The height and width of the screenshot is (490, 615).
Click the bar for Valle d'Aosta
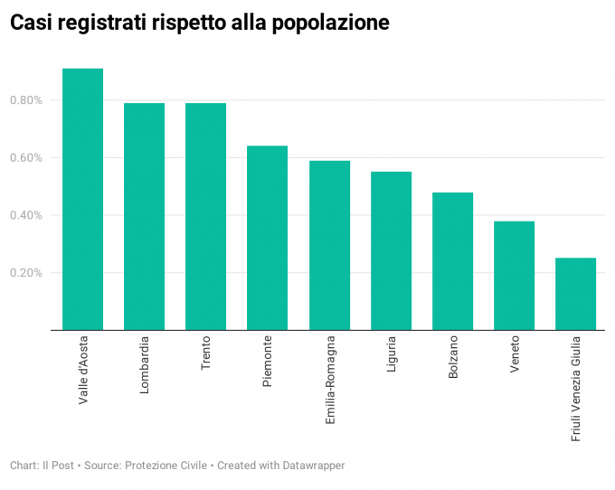(82, 199)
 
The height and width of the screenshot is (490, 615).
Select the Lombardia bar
(144, 217)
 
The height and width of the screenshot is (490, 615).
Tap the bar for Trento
(205, 217)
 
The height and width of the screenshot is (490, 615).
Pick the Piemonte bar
(267, 238)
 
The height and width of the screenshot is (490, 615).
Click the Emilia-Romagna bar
(329, 246)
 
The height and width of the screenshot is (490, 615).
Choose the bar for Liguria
(391, 251)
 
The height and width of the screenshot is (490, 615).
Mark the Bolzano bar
(452, 261)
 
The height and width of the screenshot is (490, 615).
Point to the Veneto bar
(514, 276)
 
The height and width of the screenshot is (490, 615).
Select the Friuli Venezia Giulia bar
(575, 294)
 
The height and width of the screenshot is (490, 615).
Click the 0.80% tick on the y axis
(26, 100)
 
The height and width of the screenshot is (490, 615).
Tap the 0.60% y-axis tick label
(26, 158)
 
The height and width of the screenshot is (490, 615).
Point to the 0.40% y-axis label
(26, 215)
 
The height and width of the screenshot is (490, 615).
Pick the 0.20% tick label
(26, 273)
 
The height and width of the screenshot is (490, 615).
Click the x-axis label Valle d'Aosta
(83, 369)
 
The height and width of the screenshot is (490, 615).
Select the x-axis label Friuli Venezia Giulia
(576, 387)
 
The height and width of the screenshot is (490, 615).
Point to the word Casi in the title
(31, 24)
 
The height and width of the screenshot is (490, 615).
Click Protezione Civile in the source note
(164, 466)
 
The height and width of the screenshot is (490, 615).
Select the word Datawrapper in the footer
(305, 466)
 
